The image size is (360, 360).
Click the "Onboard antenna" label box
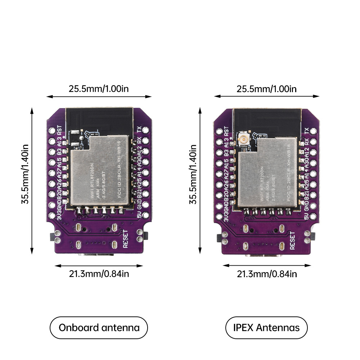99,328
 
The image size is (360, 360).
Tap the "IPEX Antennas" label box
266,328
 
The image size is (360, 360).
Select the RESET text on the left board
126,239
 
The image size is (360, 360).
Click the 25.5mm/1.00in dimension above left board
99,89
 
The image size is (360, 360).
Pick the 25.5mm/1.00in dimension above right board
266,89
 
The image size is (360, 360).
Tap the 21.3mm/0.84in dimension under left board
99,274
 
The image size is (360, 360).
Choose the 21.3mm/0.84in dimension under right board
266,274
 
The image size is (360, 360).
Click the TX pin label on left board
140,130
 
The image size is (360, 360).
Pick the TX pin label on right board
307,131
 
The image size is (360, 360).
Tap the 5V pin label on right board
306,216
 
